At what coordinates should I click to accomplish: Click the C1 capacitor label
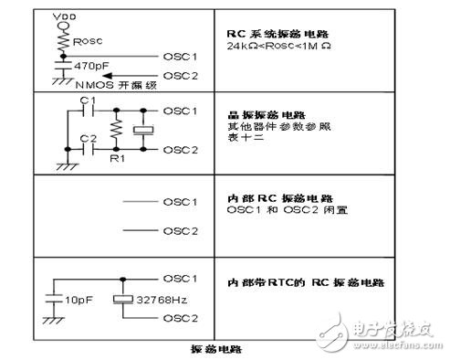click(86, 100)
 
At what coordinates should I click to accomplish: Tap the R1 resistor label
click(116, 156)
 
